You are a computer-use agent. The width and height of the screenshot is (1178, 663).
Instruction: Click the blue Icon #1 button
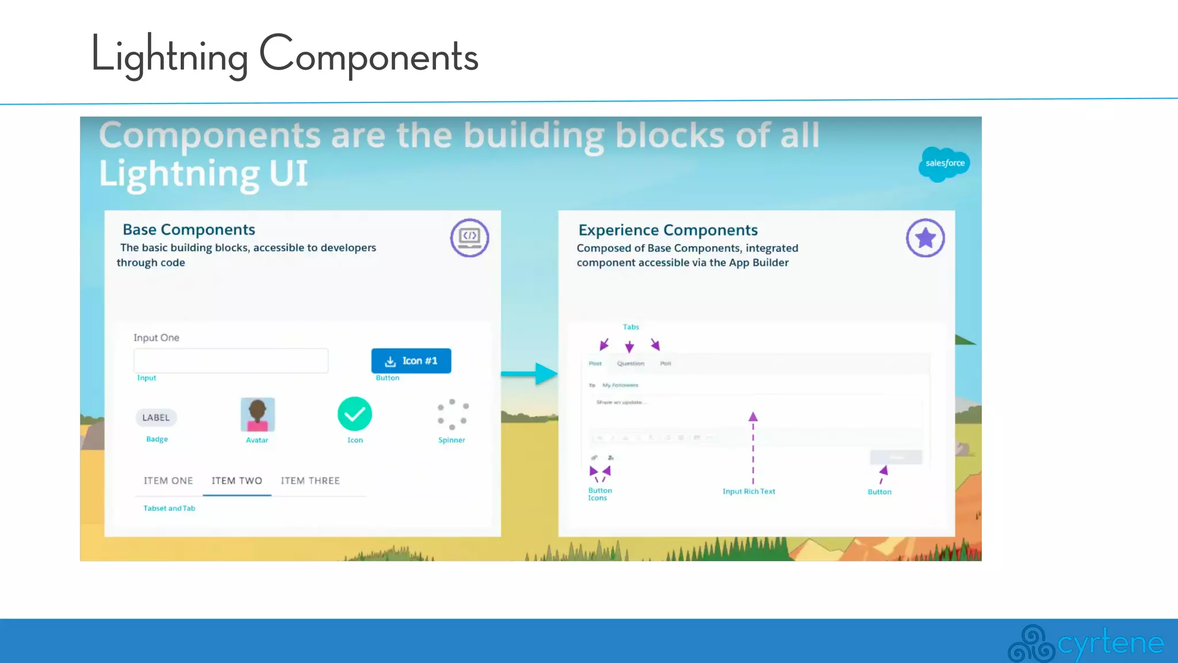point(411,361)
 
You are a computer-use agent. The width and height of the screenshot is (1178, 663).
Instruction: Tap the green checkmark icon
point(354,414)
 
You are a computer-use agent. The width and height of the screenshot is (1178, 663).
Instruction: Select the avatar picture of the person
point(257,414)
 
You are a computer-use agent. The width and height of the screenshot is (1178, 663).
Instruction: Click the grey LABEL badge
point(156,417)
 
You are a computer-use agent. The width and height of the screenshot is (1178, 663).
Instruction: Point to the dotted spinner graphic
point(453,414)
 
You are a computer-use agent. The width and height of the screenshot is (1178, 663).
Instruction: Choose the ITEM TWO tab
point(236,481)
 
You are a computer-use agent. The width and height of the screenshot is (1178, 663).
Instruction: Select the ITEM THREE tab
point(310,481)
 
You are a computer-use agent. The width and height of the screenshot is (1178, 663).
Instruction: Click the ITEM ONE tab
point(168,481)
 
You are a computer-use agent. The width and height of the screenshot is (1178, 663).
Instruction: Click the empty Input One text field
point(231,361)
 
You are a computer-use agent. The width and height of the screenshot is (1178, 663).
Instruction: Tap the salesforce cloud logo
point(944,164)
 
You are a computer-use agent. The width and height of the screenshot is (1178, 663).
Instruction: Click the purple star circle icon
point(925,238)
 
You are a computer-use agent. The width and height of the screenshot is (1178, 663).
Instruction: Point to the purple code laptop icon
point(469,238)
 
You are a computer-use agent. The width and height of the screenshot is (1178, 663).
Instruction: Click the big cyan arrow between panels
point(529,374)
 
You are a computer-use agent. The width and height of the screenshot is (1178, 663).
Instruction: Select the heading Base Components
point(189,230)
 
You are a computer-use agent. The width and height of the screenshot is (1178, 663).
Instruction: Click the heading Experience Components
point(668,230)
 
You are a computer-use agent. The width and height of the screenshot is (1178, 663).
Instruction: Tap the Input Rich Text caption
point(748,491)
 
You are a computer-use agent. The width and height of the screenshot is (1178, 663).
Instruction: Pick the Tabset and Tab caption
point(169,508)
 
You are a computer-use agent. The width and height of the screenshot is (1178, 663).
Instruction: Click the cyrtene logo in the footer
point(1085,643)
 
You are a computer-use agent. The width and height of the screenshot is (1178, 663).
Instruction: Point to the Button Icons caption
point(599,494)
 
